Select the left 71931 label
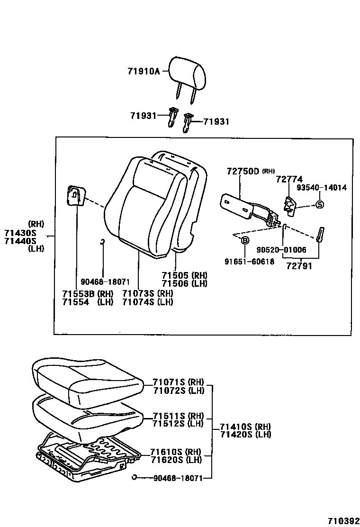point(143,115)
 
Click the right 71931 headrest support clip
point(189,122)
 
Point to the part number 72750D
point(243,171)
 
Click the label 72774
point(289,179)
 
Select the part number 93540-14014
point(322,188)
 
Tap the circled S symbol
point(319,205)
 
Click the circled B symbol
point(245,241)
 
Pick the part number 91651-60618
point(250,262)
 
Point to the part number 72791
point(299,266)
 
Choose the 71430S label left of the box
point(20,233)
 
